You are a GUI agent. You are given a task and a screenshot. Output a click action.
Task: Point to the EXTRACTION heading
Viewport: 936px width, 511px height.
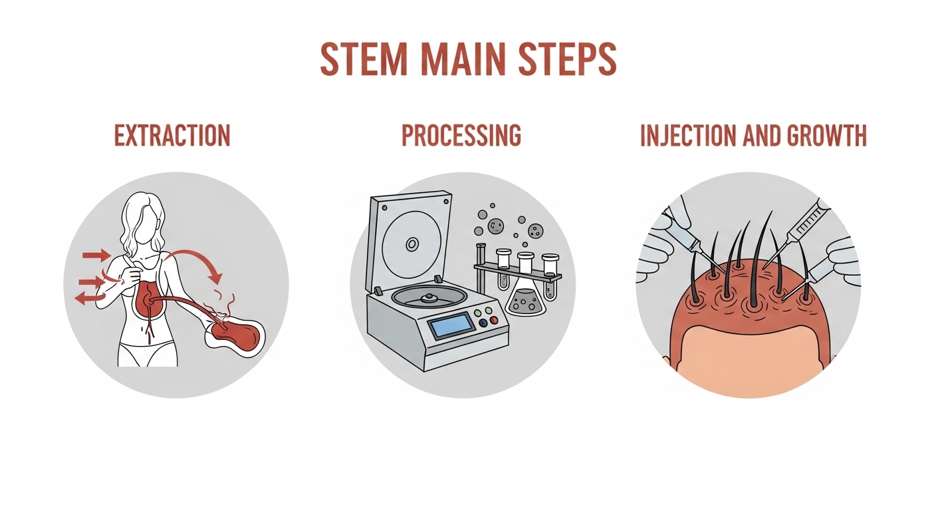click(x=172, y=135)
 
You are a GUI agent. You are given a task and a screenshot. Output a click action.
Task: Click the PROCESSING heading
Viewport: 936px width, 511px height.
click(x=461, y=135)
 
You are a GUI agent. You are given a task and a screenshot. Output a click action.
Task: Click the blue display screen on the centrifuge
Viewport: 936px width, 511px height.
click(x=451, y=326)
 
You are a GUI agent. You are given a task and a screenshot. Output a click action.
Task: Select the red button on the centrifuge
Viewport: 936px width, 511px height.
click(x=494, y=320)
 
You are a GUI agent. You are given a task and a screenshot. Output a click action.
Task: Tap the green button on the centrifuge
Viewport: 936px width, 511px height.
click(x=487, y=311)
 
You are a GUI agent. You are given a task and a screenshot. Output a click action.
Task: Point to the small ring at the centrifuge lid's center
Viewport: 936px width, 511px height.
click(x=412, y=244)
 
